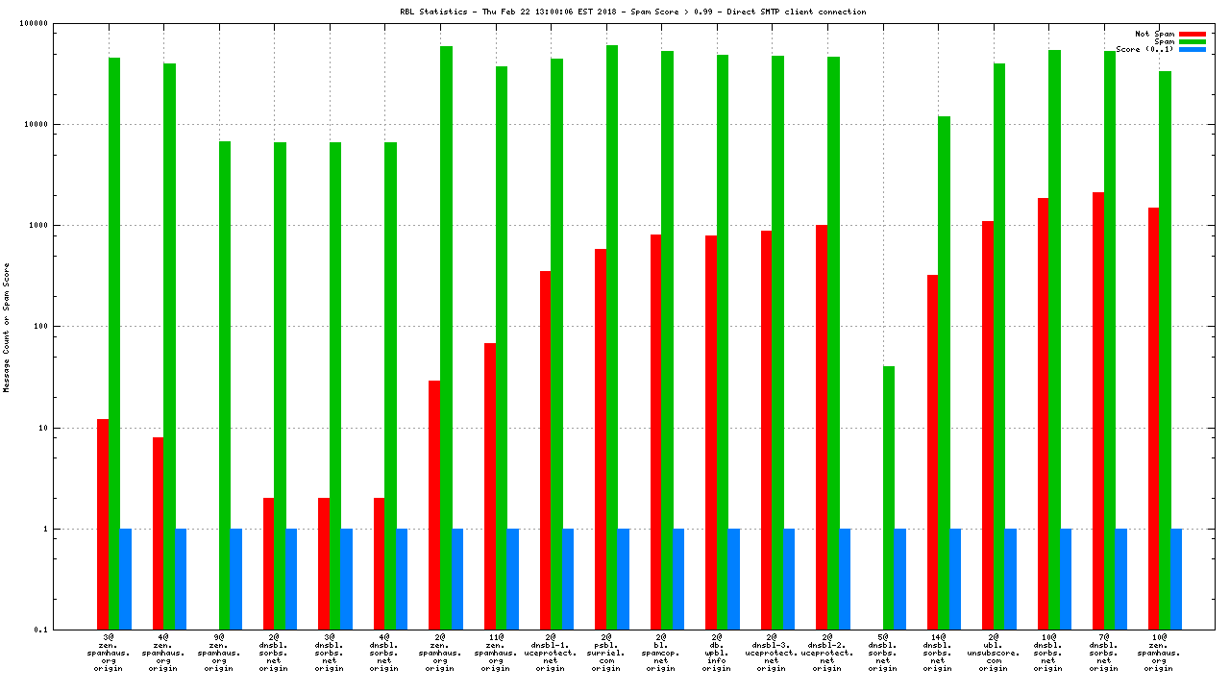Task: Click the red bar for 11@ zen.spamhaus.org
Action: pos(490,485)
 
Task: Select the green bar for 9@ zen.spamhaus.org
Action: pos(225,384)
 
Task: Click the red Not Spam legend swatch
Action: pos(1193,34)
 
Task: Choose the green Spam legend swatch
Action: pos(1193,41)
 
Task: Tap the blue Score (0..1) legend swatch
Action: pos(1193,49)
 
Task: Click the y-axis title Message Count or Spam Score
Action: pos(7,327)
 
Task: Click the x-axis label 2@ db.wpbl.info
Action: pos(716,653)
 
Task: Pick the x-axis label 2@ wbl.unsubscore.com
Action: pos(994,653)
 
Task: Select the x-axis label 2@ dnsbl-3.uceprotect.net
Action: pos(772,653)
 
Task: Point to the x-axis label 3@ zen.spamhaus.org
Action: pos(109,653)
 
